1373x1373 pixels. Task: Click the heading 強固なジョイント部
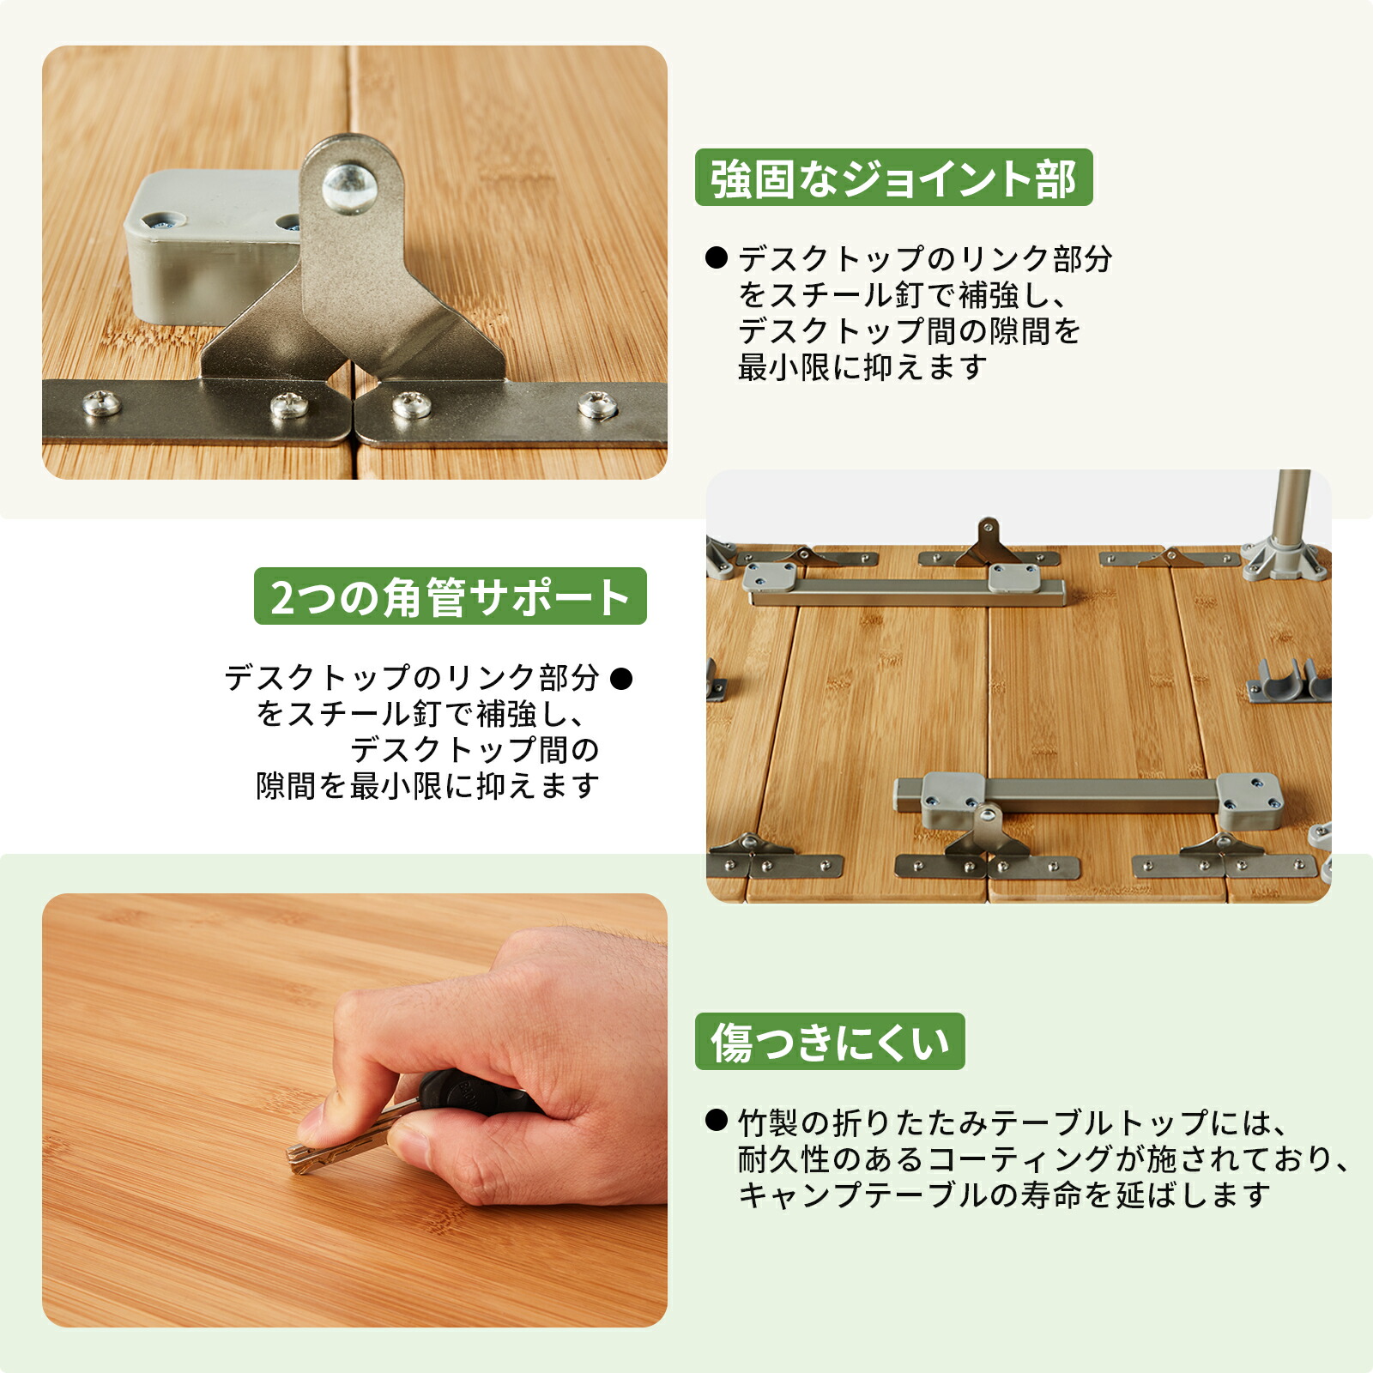pos(893,178)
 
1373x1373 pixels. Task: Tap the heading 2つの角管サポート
pos(450,596)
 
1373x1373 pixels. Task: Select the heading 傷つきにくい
pos(830,1042)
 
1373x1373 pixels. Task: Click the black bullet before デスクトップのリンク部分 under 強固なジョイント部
pos(716,257)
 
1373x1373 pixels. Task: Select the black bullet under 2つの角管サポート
pos(620,679)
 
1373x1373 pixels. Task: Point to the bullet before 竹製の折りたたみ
pos(716,1120)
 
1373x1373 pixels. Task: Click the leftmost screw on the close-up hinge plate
pos(102,402)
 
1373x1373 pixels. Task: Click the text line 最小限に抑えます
pos(862,368)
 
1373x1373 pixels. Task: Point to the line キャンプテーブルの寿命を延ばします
pos(1003,1195)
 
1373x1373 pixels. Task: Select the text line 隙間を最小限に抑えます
pos(426,786)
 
